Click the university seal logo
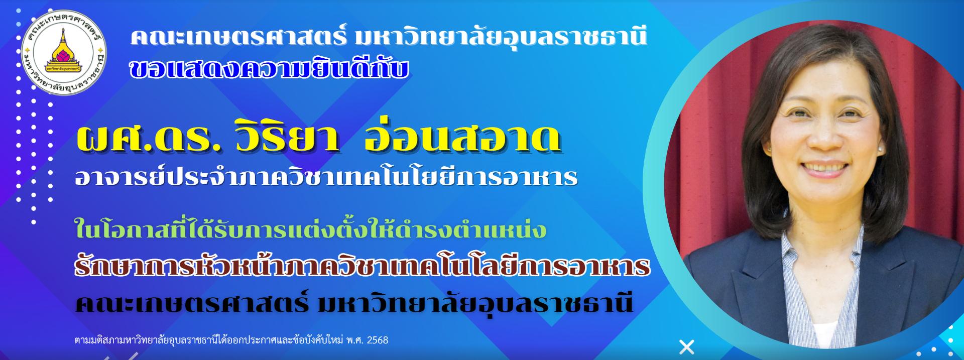(64, 52)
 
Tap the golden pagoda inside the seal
(63, 48)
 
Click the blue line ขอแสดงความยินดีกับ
(269, 69)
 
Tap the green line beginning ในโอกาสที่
(310, 228)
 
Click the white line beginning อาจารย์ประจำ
(326, 176)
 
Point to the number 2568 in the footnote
(378, 340)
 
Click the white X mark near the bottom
(687, 347)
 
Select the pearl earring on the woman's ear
(880, 149)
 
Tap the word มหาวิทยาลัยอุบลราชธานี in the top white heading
(501, 37)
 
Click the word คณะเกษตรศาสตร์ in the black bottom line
(192, 303)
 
